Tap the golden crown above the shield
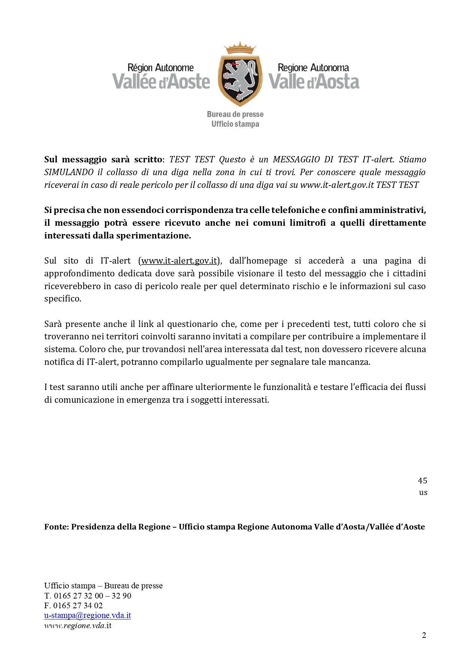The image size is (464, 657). click(x=239, y=48)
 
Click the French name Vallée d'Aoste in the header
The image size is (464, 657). click(x=161, y=81)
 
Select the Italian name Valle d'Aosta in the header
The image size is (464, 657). click(x=314, y=81)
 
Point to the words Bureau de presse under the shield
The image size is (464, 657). click(x=235, y=114)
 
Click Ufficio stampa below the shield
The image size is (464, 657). click(x=235, y=124)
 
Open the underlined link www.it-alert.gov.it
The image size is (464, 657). click(x=179, y=261)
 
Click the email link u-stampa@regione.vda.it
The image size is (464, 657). click(x=87, y=615)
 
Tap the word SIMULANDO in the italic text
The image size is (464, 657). click(x=69, y=172)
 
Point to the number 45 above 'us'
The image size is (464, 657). click(x=422, y=480)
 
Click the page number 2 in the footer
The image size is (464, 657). click(x=424, y=635)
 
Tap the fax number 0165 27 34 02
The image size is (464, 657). click(x=78, y=606)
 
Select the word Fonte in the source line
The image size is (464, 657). click(x=56, y=527)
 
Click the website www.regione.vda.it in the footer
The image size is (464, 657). click(x=78, y=625)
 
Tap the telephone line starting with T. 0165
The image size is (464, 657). click(x=88, y=595)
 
